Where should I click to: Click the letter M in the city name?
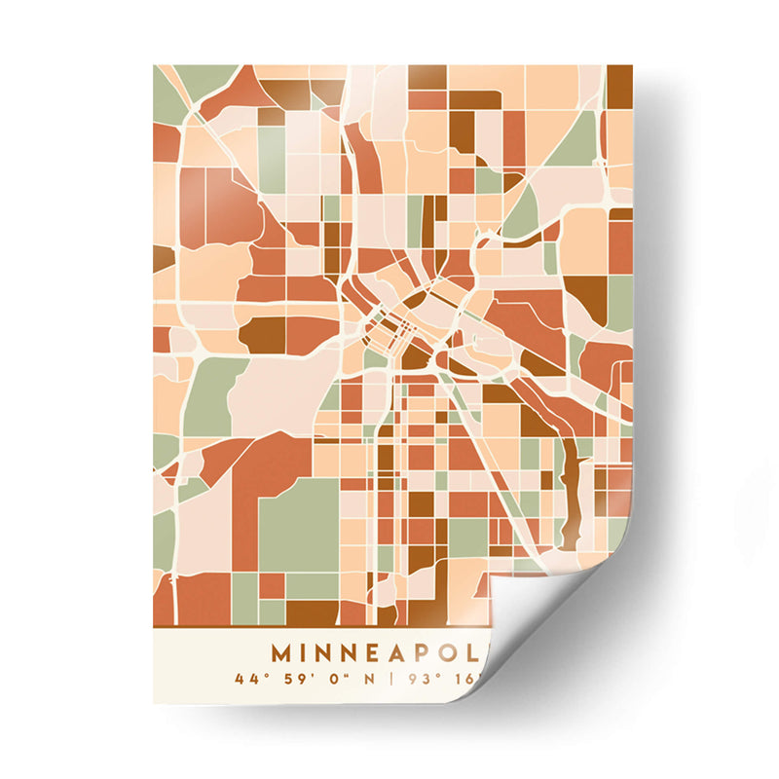pos(281,651)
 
